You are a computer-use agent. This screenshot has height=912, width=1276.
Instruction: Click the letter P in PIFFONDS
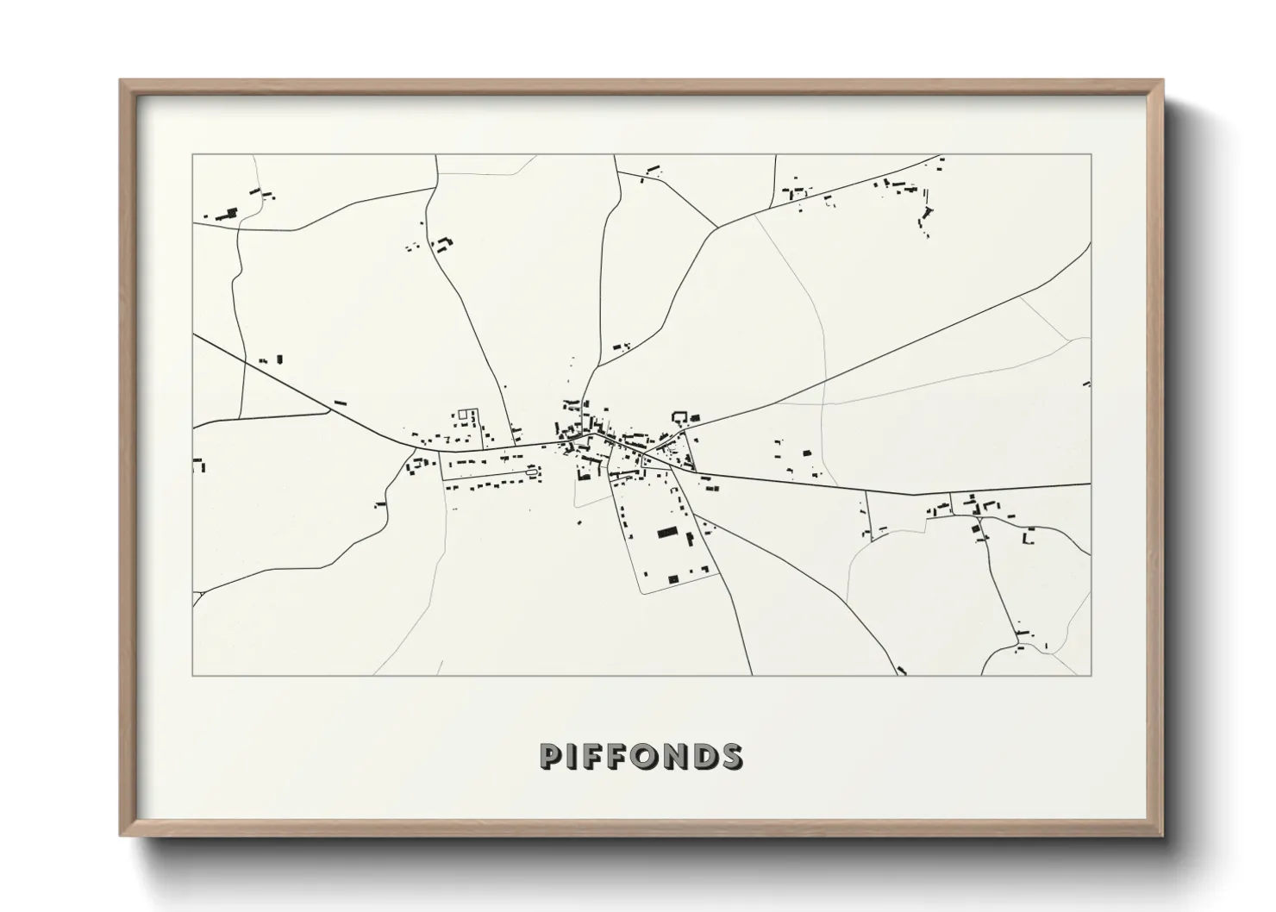click(x=551, y=756)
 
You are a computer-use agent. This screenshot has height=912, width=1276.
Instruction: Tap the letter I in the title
click(x=572, y=756)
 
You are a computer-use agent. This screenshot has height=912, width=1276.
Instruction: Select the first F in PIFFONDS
click(x=594, y=756)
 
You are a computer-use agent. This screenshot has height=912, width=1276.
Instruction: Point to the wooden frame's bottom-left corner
click(x=122, y=835)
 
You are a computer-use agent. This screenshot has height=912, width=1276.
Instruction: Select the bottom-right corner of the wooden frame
click(x=1162, y=835)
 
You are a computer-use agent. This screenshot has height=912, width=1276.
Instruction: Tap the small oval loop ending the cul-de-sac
click(x=533, y=471)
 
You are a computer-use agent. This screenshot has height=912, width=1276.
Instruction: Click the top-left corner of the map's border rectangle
click(x=192, y=154)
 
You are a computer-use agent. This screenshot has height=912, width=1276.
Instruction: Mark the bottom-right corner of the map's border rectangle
click(x=1091, y=675)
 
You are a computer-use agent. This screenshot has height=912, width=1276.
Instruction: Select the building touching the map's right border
click(x=1087, y=384)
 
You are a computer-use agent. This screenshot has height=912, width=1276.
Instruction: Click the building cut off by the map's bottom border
click(x=902, y=671)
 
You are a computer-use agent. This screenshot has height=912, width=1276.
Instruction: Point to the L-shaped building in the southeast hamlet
click(x=1027, y=539)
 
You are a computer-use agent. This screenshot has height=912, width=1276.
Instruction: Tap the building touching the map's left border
click(x=198, y=465)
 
